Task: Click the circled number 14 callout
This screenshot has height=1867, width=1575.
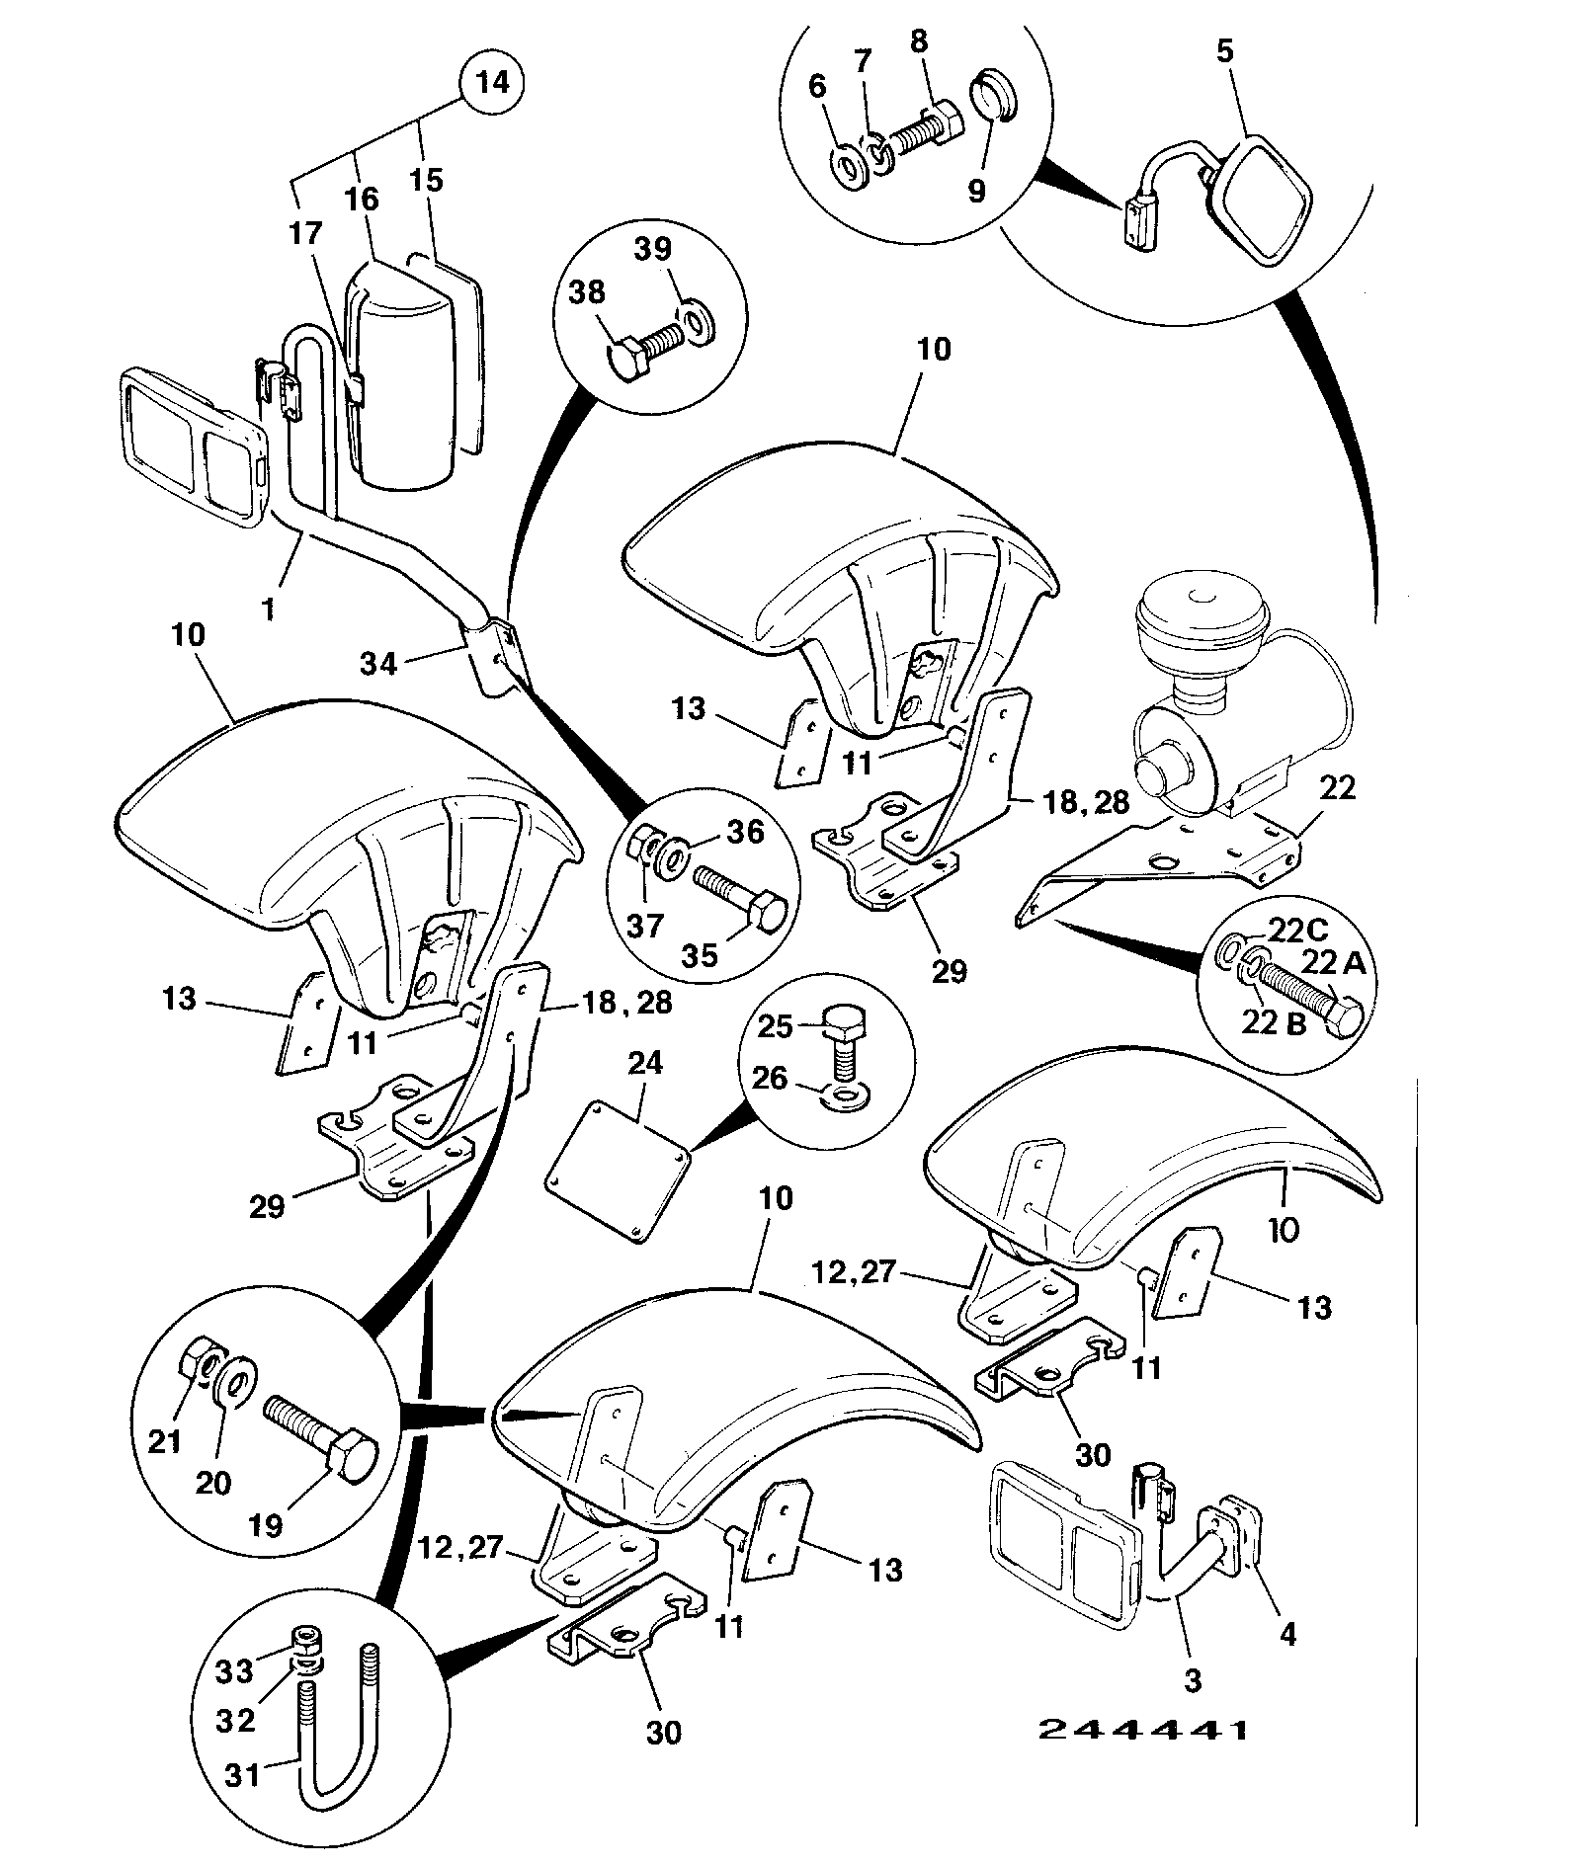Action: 493,81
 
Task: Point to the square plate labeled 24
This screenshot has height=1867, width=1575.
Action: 618,1169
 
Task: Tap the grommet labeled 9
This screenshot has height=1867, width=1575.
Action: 994,95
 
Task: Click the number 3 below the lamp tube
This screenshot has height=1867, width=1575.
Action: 1193,1680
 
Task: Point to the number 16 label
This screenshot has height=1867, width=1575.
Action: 362,198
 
